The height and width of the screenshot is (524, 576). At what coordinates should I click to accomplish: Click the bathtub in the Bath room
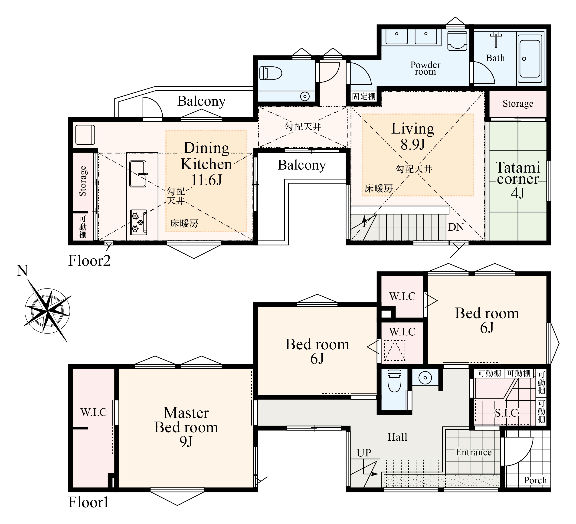(x=530, y=59)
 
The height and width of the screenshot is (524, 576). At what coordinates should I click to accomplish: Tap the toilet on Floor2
(x=270, y=73)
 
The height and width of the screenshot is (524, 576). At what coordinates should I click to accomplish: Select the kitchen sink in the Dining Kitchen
(x=138, y=174)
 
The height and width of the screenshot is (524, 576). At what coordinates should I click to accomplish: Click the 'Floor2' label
(x=89, y=261)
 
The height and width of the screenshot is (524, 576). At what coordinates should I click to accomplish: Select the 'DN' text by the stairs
(x=456, y=227)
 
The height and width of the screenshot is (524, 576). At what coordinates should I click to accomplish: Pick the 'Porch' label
(x=535, y=480)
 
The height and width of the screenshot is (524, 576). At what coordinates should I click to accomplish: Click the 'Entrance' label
(x=474, y=452)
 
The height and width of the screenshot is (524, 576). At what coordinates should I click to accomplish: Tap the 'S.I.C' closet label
(x=506, y=413)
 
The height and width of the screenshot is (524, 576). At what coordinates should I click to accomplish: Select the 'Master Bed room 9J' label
(x=186, y=427)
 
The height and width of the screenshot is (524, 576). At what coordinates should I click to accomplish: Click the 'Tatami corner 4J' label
(x=518, y=180)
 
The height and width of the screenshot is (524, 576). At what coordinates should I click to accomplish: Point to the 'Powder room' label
(x=425, y=68)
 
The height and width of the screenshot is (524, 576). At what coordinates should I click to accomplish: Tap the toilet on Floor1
(x=395, y=381)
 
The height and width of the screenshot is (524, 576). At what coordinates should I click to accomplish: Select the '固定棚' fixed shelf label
(x=363, y=96)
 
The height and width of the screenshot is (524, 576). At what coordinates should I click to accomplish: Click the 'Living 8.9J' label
(x=412, y=136)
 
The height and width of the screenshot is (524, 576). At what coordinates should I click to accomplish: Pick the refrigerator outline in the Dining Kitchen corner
(x=85, y=134)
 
